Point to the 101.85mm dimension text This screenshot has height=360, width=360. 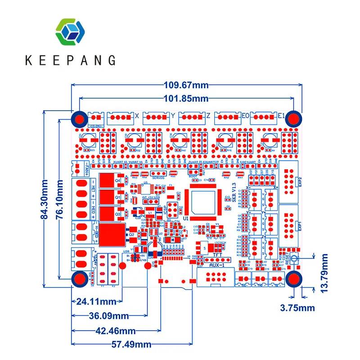[186, 98]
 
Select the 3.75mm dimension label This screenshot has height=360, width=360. [297, 308]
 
